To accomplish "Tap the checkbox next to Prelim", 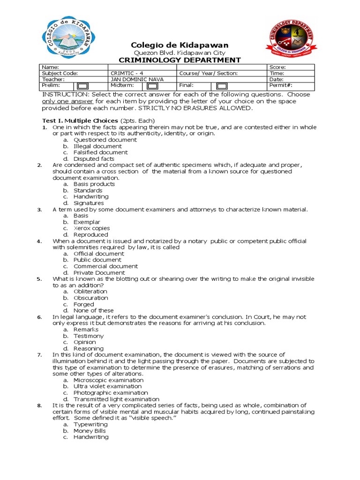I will [82, 86].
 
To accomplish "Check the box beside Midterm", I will [152, 86].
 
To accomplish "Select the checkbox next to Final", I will [222, 86].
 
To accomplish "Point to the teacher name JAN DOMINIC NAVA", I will [137, 79].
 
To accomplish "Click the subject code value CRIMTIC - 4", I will [127, 74].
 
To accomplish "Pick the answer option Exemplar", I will [87, 222].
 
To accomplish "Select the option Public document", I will [97, 260].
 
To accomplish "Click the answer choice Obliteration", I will [90, 292].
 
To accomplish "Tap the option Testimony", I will [89, 336].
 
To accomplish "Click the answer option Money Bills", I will [90, 431].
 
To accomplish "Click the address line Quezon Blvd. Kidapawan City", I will [180, 53].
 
